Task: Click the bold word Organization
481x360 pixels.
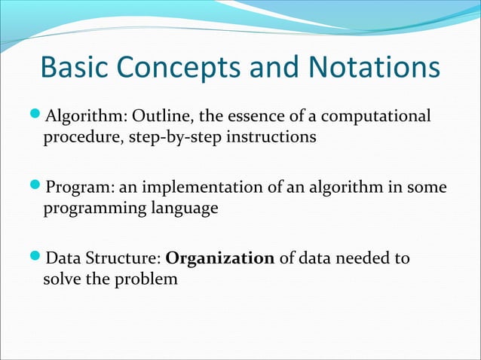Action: click(x=219, y=259)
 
